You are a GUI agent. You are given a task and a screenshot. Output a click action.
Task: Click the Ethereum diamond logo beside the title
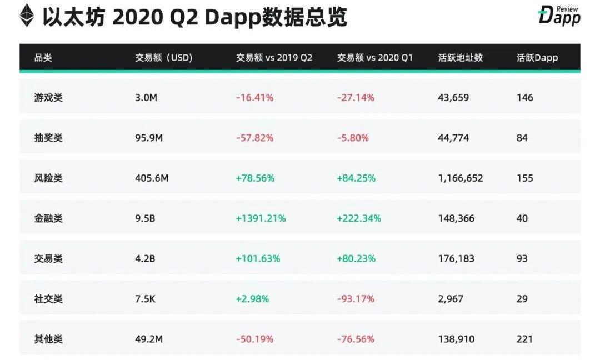pyautogui.click(x=27, y=17)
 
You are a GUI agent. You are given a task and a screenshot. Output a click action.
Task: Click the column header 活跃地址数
pyautogui.click(x=461, y=58)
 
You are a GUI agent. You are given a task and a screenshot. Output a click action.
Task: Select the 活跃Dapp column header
pyautogui.click(x=537, y=58)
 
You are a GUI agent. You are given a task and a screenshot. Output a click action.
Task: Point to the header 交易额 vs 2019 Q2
pyautogui.click(x=274, y=58)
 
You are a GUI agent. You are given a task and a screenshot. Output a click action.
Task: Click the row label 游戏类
pyautogui.click(x=48, y=98)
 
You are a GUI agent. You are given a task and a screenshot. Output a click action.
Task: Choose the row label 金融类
pyautogui.click(x=48, y=218)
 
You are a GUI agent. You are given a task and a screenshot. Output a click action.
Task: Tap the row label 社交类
pyautogui.click(x=48, y=299)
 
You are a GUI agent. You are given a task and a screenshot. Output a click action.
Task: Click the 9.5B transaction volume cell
pyautogui.click(x=145, y=218)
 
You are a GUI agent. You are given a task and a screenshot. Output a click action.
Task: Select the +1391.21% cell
pyautogui.click(x=261, y=218)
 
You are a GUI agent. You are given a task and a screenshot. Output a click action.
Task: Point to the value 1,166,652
pyautogui.click(x=461, y=178)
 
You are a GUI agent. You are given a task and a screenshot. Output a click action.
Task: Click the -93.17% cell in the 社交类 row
pyautogui.click(x=356, y=299)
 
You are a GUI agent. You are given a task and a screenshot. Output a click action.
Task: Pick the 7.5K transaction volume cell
pyautogui.click(x=146, y=299)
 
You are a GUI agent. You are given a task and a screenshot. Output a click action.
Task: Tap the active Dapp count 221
pyautogui.click(x=524, y=339)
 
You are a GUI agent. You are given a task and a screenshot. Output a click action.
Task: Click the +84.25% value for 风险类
pyautogui.click(x=356, y=178)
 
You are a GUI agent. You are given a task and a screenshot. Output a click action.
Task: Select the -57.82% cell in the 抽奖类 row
pyautogui.click(x=255, y=138)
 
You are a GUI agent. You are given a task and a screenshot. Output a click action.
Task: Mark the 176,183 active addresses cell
pyautogui.click(x=456, y=258)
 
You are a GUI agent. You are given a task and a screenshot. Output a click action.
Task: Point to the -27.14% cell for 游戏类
pyautogui.click(x=356, y=98)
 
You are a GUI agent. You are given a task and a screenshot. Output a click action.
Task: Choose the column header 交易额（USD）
pyautogui.click(x=164, y=58)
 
